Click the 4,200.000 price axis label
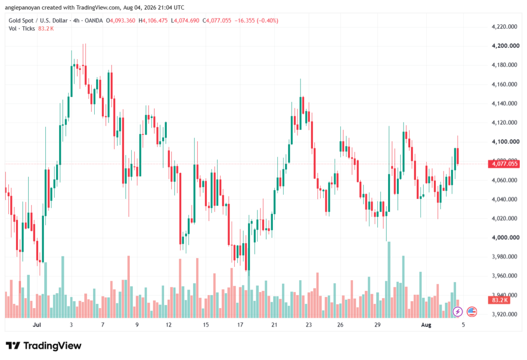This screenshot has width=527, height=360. coord(505,46)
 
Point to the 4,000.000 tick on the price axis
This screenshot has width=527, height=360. coord(504,237)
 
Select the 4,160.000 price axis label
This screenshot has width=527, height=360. coord(504,84)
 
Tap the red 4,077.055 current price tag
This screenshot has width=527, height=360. coord(504,164)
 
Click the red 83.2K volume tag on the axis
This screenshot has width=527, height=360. coord(499,300)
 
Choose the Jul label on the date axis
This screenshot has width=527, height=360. coord(37,324)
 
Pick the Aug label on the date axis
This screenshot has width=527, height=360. coord(426,324)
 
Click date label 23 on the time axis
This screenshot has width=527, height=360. coord(309,324)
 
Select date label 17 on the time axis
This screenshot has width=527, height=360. coord(240,324)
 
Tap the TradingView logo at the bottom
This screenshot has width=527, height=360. coord(44,346)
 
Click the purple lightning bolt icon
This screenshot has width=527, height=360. coord(458,312)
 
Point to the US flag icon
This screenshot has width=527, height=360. coord(472,312)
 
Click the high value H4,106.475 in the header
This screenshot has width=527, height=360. coord(153,21)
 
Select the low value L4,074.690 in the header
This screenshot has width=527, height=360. coord(185,21)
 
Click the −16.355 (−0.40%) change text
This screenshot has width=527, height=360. coord(256,21)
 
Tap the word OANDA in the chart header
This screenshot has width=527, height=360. coord(94,21)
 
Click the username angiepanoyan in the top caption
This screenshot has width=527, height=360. coord(23,7)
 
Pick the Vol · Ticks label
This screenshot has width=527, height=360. coord(22,29)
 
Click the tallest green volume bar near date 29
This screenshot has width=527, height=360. coord(389,280)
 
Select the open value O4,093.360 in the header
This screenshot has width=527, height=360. coord(120,21)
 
